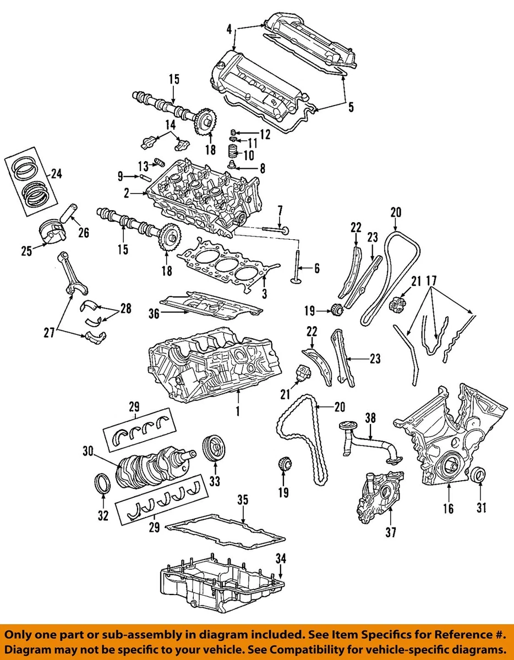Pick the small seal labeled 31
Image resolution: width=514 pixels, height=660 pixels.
(x=479, y=474)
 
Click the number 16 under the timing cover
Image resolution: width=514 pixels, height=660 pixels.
(x=449, y=508)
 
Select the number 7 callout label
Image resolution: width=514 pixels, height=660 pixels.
(x=280, y=210)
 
